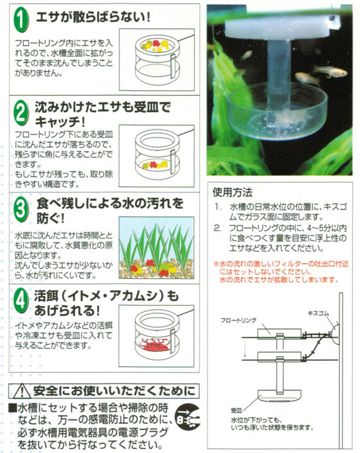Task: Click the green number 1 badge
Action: pos(21,20)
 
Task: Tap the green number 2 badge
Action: pos(21,114)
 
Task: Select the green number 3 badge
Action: pos(21,209)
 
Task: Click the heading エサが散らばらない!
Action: pos(93,16)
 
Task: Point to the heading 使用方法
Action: pos(232,192)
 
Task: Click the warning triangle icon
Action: pos(21,391)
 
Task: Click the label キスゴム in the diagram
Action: pos(319,313)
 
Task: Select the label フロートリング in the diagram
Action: pos(239,320)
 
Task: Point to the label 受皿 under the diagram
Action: pos(236,410)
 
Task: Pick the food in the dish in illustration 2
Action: pos(155,165)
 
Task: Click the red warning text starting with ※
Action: pos(281,272)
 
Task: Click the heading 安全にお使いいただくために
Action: pos(114,391)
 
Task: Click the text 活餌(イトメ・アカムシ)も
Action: pos(107,296)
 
